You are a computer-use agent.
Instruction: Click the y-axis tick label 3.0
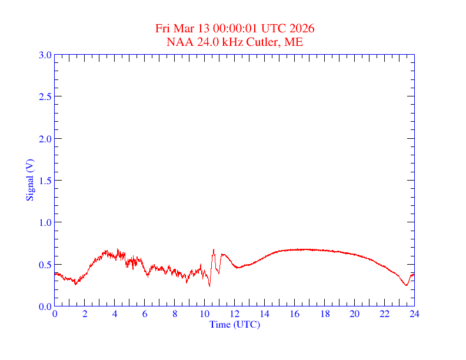tap(45, 55)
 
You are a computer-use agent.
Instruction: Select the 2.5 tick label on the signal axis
tap(45, 96)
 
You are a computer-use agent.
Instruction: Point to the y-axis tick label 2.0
tap(45, 139)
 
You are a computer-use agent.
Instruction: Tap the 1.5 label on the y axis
tap(45, 181)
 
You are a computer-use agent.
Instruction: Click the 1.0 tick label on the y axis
tap(45, 222)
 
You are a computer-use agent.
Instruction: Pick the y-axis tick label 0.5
tap(45, 265)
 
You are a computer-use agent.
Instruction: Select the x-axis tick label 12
tap(235, 314)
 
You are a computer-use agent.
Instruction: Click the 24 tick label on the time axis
tap(414, 314)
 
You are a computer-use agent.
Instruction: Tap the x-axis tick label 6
tap(145, 314)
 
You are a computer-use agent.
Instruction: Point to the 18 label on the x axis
tap(325, 314)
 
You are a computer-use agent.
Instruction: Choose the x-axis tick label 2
tap(85, 314)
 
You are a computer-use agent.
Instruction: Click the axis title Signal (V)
tap(29, 180)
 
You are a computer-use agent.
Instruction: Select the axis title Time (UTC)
tap(234, 324)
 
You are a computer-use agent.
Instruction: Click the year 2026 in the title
tap(302, 29)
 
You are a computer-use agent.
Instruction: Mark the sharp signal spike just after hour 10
tap(214, 250)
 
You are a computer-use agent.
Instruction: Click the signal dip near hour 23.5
tap(407, 285)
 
